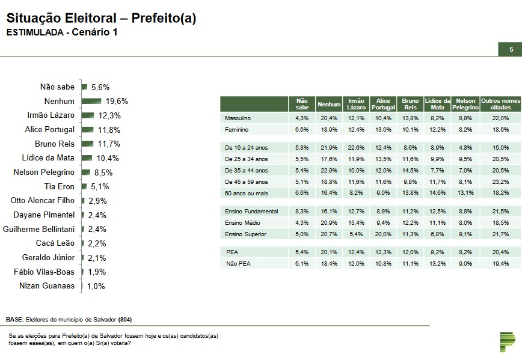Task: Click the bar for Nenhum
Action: click(91, 101)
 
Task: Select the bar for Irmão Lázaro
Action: click(88, 115)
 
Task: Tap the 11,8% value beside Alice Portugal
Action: click(109, 130)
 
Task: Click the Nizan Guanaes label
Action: click(47, 286)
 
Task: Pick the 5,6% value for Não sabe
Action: click(100, 87)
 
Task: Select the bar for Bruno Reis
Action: click(88, 144)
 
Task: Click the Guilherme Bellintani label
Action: click(39, 229)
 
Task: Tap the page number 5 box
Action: click(511, 50)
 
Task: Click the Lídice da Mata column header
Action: click(437, 103)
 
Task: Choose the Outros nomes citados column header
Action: click(500, 103)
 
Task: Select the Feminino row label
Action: click(236, 129)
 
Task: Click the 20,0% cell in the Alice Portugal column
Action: click(383, 234)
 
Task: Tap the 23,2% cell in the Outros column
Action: click(500, 182)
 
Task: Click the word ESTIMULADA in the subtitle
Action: click(34, 32)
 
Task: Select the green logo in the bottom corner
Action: click(508, 340)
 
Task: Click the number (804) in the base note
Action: click(126, 319)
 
